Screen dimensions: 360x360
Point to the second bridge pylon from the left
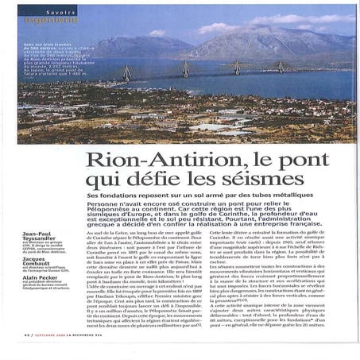point(186,69)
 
